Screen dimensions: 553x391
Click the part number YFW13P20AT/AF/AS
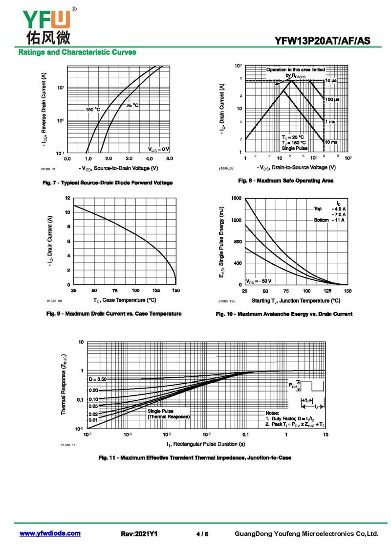[x=326, y=40]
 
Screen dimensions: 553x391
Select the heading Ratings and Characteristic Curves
[x=77, y=52]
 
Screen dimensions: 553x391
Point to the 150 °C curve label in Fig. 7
[x=92, y=109]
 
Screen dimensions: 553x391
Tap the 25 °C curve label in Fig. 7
[x=132, y=105]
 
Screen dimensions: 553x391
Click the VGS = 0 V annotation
[x=159, y=148]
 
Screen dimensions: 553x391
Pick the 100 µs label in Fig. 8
[x=332, y=99]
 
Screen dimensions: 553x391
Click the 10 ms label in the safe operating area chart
[x=331, y=142]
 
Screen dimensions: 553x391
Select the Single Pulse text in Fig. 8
[x=295, y=147]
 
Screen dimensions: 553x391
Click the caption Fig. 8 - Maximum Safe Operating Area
[x=285, y=181]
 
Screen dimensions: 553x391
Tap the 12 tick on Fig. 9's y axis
[x=68, y=198]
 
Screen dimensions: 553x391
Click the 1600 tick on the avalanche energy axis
[x=237, y=198]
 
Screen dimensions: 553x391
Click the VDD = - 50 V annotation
[x=259, y=281]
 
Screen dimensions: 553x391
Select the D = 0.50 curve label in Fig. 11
[x=98, y=379]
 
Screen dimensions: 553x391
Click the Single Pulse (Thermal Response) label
[x=168, y=414]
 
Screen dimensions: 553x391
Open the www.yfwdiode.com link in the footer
[x=50, y=533]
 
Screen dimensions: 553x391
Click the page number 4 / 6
[x=202, y=534]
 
